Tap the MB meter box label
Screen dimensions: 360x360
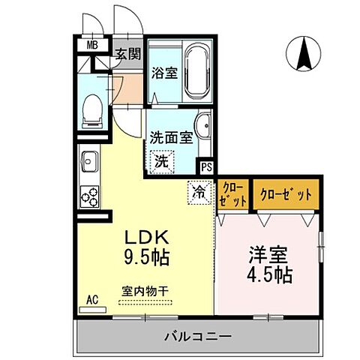(x=92, y=45)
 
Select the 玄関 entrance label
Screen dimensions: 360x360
(x=128, y=53)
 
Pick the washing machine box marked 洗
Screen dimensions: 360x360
(x=160, y=160)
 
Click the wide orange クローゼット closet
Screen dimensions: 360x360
(x=286, y=194)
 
